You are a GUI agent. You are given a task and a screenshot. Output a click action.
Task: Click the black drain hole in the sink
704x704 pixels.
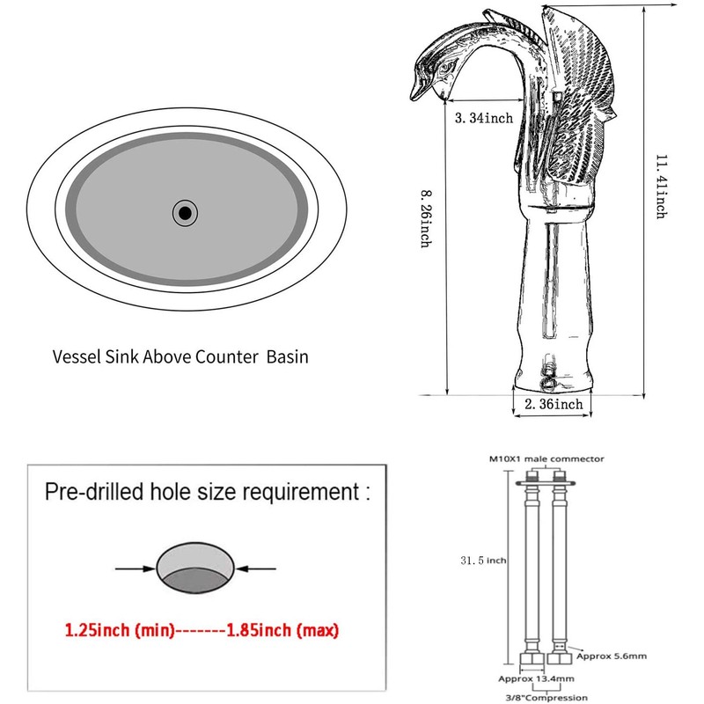click(x=185, y=213)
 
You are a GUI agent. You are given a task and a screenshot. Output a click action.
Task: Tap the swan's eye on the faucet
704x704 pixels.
click(x=448, y=69)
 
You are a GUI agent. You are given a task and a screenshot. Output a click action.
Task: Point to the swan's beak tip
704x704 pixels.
click(x=413, y=97)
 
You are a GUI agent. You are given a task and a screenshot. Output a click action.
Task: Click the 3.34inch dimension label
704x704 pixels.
click(x=483, y=118)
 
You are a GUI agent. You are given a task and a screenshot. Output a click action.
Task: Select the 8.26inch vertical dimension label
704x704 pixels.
click(x=427, y=218)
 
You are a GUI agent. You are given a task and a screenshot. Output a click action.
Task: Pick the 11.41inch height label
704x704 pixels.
click(x=661, y=187)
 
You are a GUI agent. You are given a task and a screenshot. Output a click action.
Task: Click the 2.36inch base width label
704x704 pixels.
click(x=554, y=404)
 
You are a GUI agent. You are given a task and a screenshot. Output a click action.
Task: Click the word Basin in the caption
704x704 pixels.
click(x=288, y=357)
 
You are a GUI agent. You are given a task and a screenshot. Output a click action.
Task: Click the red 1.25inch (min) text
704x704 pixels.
click(x=120, y=630)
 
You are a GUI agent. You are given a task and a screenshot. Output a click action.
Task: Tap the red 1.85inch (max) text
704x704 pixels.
click(x=282, y=630)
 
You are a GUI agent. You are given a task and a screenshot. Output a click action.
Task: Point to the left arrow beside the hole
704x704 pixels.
click(x=136, y=568)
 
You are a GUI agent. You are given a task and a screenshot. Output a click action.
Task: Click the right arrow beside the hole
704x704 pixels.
click(x=256, y=568)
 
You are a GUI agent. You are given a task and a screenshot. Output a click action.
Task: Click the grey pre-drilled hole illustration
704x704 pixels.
click(x=195, y=568)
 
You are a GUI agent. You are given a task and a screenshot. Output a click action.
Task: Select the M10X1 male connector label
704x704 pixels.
click(x=546, y=458)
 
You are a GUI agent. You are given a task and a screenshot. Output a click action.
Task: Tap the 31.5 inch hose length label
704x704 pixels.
click(x=483, y=561)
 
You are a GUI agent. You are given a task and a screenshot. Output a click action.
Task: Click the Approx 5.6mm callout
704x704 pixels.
click(x=612, y=656)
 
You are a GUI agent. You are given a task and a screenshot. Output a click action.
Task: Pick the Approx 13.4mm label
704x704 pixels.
click(x=536, y=678)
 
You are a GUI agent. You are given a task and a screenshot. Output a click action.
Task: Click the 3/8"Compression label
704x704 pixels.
click(x=546, y=697)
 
